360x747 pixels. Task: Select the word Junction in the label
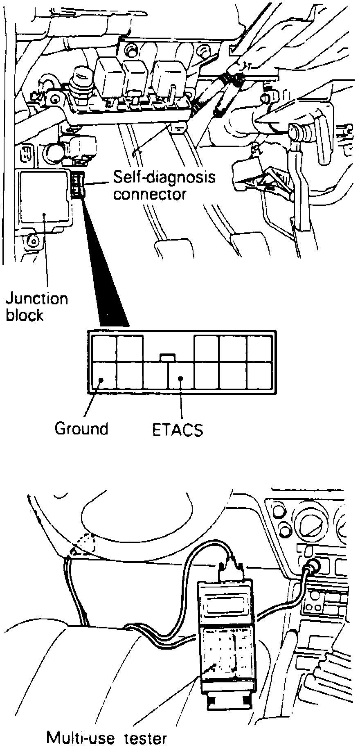coord(37,299)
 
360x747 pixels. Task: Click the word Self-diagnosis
coord(164,178)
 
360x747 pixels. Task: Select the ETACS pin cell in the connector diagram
coord(181,376)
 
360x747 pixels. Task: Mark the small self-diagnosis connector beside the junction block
coord(78,185)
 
